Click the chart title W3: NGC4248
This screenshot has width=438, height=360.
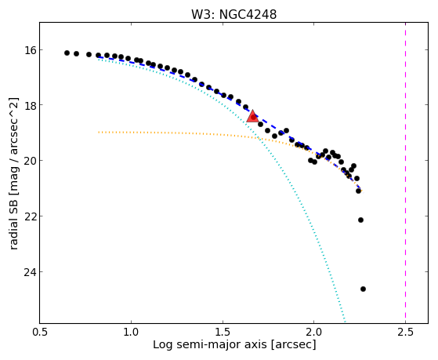click(233, 15)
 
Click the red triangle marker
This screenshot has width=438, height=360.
click(252, 116)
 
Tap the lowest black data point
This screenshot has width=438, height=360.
click(363, 289)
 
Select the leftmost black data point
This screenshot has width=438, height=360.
click(67, 53)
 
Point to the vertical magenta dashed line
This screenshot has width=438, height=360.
click(405, 173)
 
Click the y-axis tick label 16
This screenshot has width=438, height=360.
click(30, 50)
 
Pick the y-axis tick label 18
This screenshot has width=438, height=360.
click(30, 105)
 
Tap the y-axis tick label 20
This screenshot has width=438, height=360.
click(30, 161)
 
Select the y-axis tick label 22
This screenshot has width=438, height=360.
click(30, 216)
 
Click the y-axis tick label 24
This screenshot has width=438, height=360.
click(30, 272)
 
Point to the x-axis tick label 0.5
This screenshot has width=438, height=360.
click(40, 333)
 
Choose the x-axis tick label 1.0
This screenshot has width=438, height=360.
click(131, 333)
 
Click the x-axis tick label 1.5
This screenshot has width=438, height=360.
click(223, 333)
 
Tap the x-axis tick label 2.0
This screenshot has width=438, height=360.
click(314, 333)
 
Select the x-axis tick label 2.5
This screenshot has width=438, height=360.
click(405, 333)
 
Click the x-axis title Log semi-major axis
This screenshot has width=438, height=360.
click(210, 344)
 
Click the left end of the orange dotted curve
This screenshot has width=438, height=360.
click(98, 132)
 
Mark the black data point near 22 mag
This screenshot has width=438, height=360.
click(360, 220)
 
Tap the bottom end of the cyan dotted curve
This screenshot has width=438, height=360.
click(345, 321)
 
